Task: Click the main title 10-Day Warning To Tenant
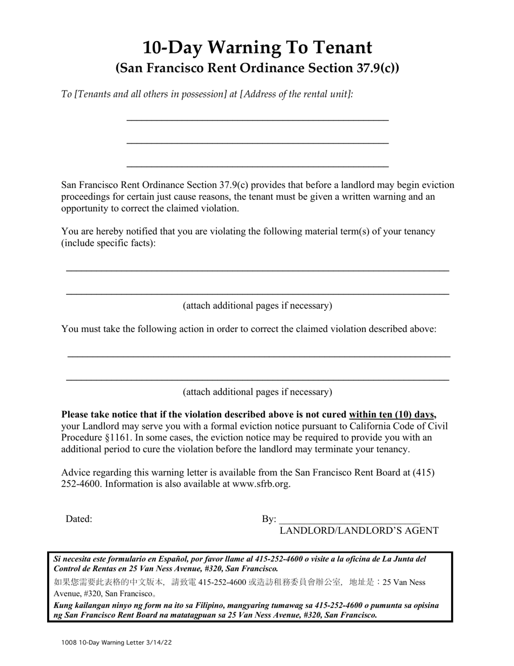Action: (257, 48)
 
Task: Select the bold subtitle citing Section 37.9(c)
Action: (257, 68)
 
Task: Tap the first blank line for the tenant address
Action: (257, 118)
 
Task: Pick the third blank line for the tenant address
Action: (257, 165)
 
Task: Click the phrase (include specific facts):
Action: (108, 243)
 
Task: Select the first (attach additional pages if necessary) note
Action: (257, 305)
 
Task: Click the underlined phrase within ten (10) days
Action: (392, 415)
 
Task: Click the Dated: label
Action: (79, 519)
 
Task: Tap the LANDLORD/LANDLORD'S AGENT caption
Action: (359, 531)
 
